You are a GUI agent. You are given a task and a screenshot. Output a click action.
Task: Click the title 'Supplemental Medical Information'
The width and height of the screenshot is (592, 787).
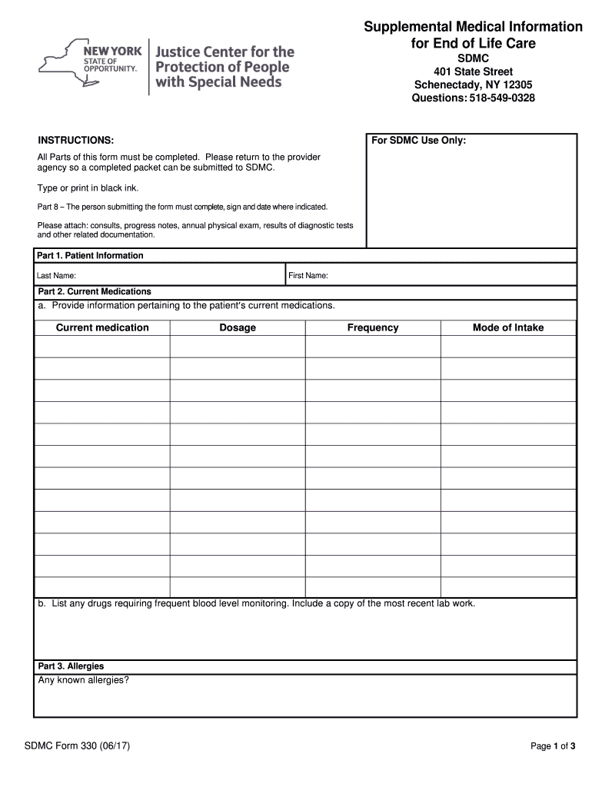pos(473,27)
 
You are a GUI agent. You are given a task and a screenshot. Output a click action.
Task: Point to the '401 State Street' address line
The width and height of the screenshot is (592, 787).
pos(473,71)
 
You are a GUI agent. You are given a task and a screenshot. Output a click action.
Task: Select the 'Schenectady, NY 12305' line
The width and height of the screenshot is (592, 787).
pos(473,85)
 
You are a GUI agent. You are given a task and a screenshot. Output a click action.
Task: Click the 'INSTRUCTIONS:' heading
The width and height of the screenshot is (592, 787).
pos(76,141)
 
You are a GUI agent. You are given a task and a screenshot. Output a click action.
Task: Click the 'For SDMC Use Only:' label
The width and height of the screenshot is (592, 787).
pos(418,141)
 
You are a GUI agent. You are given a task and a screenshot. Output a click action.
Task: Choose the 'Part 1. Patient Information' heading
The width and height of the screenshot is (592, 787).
pos(91,255)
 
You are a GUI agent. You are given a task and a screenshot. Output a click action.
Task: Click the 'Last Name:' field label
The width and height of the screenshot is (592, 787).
pos(56,275)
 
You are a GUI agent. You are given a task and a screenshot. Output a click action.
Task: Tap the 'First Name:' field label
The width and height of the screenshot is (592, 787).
pos(308,275)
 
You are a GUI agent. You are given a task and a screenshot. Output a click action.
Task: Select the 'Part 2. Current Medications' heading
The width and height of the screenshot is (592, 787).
pos(95,292)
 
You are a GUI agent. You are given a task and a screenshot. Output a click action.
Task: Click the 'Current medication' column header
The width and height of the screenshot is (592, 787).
pos(102,327)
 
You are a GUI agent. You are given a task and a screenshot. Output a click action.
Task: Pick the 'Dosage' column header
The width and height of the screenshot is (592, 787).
pos(238,327)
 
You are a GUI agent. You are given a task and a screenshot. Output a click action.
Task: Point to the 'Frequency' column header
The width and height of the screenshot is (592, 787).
pos(373,327)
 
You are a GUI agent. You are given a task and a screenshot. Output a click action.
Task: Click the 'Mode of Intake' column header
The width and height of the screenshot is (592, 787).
pos(507,327)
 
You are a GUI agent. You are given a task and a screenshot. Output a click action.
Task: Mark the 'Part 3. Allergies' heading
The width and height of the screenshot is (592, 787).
pos(71,666)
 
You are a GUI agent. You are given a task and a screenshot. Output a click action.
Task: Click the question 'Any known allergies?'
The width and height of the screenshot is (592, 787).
pos(83,680)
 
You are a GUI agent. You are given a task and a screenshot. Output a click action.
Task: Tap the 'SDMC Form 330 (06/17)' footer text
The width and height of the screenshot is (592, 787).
pos(76,745)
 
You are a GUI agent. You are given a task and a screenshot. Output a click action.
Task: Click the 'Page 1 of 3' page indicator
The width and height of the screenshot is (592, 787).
pos(553,746)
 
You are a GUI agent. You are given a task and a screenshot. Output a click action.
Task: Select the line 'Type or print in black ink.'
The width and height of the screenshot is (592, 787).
pos(88,188)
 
